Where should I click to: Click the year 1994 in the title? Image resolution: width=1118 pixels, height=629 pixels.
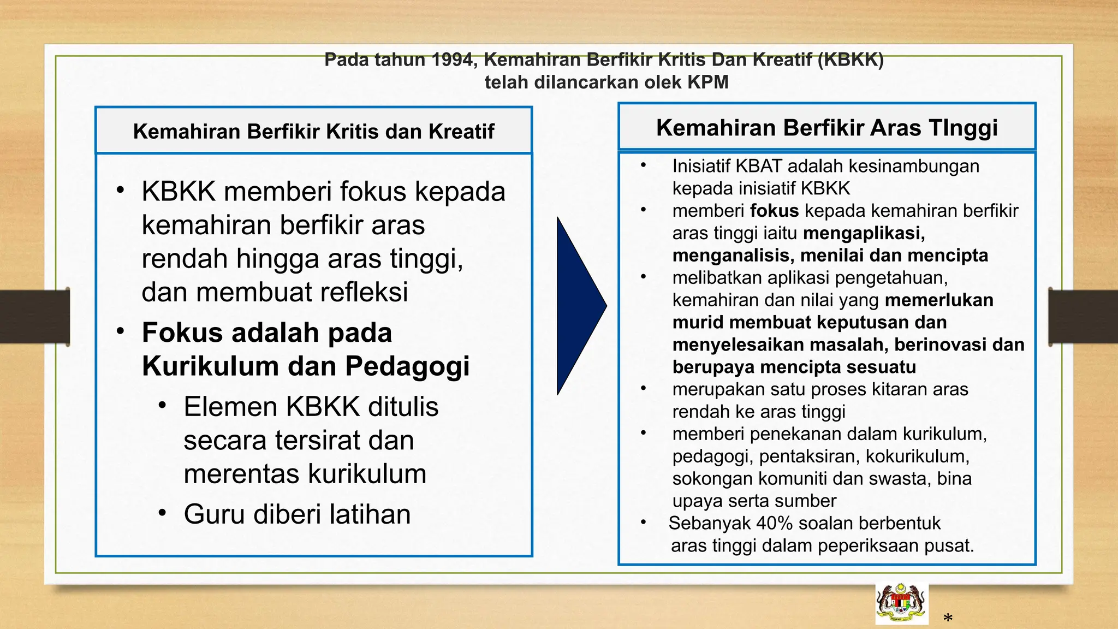452,60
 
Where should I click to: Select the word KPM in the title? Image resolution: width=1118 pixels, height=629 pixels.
707,82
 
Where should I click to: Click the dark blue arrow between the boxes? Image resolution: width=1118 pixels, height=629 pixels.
579,306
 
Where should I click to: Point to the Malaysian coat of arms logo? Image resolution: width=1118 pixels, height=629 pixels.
901,604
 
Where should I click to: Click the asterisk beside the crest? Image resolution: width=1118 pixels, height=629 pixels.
948,619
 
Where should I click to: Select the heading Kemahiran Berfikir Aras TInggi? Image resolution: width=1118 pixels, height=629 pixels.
826,128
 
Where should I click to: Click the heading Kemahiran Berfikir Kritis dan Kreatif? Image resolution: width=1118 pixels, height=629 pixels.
313,132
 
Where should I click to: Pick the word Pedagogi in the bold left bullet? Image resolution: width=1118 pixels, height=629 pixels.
407,366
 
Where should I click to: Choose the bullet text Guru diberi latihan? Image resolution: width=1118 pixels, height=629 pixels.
297,514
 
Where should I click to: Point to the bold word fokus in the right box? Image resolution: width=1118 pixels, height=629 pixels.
774,211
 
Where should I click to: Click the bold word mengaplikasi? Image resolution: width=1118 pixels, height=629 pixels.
864,233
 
